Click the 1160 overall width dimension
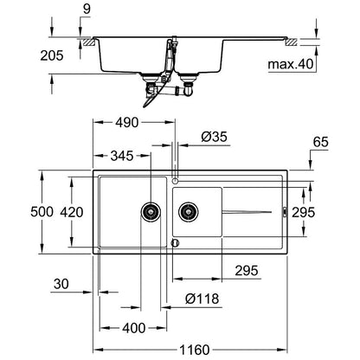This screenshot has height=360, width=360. [195, 350]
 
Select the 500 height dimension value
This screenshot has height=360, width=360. [42, 212]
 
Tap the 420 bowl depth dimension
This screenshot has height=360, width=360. [72, 212]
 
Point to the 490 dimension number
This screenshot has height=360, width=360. [127, 123]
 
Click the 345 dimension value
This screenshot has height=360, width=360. [122, 156]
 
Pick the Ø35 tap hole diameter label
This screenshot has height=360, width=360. [215, 137]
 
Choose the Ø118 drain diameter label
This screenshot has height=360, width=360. [202, 299]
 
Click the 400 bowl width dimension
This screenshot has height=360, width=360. [134, 328]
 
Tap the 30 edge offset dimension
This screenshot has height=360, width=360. [61, 284]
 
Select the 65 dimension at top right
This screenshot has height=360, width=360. [321, 142]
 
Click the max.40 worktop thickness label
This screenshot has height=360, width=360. [291, 64]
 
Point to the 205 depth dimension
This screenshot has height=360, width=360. [52, 55]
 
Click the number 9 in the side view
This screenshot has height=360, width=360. [87, 9]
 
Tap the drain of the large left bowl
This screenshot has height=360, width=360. [151, 212]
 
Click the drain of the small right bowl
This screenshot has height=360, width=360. [189, 212]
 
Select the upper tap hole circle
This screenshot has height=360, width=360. [175, 181]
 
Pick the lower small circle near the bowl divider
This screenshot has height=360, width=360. [175, 243]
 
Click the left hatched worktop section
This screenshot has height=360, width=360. [89, 42]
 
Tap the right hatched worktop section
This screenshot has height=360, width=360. [291, 42]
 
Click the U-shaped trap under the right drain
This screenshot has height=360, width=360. [188, 90]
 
